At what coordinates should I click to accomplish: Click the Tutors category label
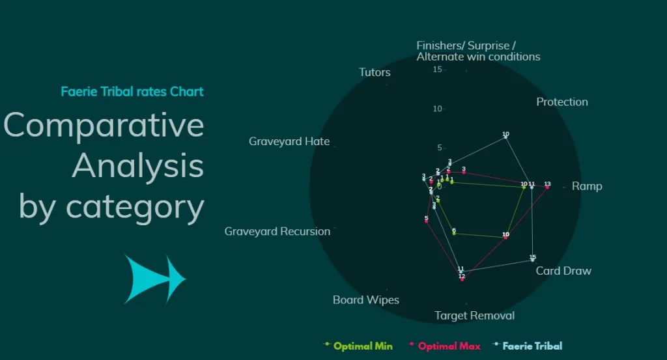click(375, 72)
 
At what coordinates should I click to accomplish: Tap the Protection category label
click(561, 102)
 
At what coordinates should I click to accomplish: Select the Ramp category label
click(586, 186)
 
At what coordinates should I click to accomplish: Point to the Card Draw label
click(563, 271)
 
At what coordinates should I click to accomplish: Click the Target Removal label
click(474, 316)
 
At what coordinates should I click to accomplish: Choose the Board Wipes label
click(365, 300)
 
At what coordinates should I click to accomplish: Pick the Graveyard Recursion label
click(277, 231)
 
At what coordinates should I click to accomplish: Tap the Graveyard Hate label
click(289, 141)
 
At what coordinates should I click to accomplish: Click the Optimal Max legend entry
click(449, 346)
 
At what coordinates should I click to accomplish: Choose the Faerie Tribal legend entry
click(532, 346)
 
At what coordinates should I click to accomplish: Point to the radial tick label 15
click(438, 70)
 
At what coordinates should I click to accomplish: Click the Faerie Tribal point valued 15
click(532, 260)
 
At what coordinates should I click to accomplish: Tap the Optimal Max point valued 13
click(547, 187)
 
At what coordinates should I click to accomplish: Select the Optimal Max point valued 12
click(462, 279)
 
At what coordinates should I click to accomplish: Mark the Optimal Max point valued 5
click(426, 222)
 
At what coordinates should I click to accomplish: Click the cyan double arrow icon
click(155, 279)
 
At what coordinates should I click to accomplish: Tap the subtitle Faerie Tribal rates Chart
click(132, 91)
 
